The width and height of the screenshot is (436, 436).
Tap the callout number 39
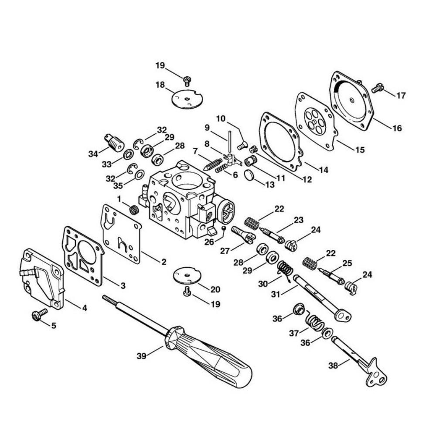[142, 356]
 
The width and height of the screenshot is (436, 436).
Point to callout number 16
[397, 128]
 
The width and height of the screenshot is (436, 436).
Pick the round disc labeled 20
[187, 275]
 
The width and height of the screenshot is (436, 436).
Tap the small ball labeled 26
[223, 228]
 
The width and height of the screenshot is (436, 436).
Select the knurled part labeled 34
[115, 142]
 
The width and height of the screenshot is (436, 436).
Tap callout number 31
[276, 294]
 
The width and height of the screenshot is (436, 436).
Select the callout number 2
[164, 262]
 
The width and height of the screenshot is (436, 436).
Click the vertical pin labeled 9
[230, 142]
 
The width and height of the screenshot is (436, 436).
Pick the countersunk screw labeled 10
[242, 145]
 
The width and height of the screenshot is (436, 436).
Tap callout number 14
[324, 170]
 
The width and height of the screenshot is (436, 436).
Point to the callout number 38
[333, 365]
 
